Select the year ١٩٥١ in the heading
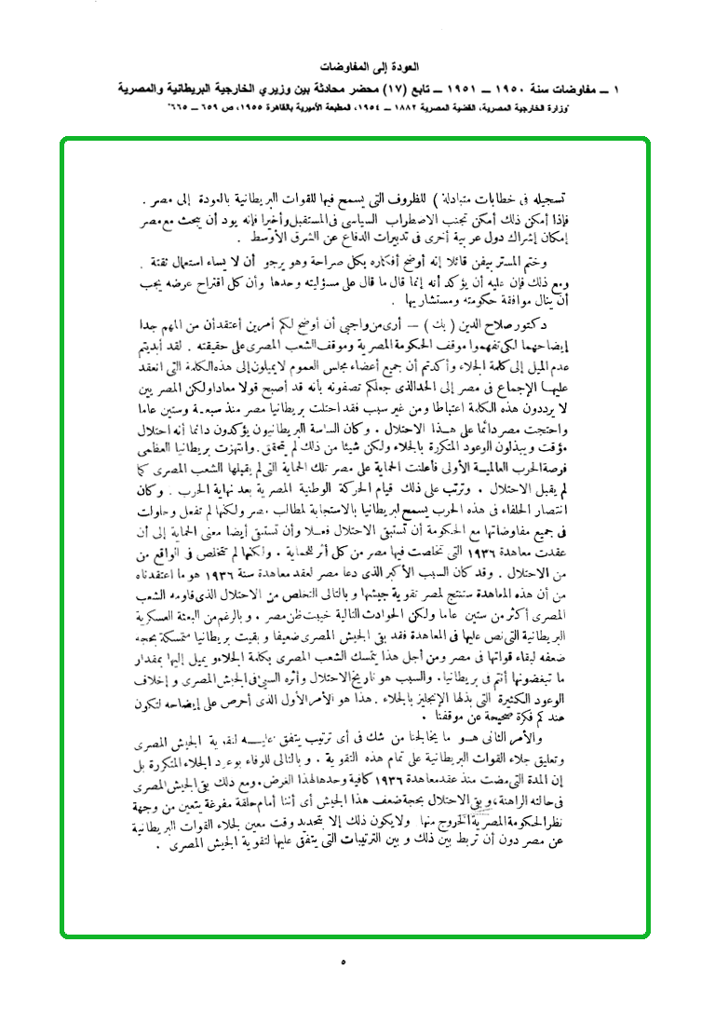[x=457, y=89]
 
